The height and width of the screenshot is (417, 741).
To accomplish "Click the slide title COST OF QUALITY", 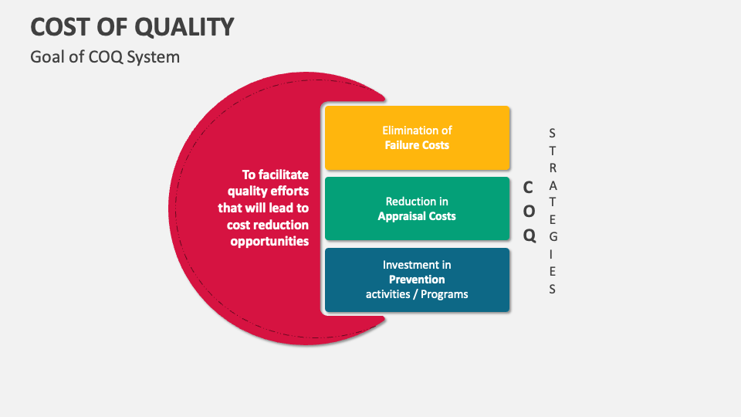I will tap(132, 26).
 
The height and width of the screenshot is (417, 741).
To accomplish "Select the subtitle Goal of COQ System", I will tap(105, 57).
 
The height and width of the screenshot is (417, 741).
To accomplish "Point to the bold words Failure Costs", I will tap(417, 145).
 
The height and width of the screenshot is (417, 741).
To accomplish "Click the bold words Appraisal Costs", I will tap(417, 216).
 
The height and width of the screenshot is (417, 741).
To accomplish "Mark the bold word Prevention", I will tap(417, 280).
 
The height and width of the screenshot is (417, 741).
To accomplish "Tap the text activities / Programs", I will tap(417, 294).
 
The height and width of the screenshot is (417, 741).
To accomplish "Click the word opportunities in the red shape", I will tap(269, 242).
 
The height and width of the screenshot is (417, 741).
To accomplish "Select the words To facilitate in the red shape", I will tap(276, 175).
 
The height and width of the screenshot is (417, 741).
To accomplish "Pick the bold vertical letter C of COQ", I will tap(529, 187).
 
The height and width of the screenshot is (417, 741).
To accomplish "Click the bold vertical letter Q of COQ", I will tap(530, 236).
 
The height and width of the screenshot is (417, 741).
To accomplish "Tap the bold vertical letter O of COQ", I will tap(530, 212).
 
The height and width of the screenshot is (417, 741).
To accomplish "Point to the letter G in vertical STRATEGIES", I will tap(553, 237).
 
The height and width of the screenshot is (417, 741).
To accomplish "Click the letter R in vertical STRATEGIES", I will tap(553, 167).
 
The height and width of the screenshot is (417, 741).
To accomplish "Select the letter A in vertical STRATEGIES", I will tap(553, 185).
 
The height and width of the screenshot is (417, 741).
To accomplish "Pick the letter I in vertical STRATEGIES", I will tap(553, 254).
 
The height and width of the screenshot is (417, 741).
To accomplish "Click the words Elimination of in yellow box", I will tap(417, 131).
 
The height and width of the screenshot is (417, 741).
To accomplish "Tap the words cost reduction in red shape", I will tap(268, 225).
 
